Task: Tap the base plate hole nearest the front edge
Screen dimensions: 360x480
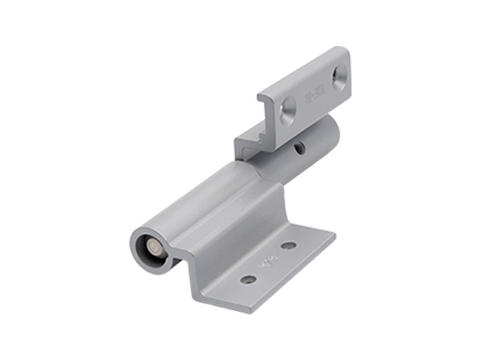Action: (x=248, y=279)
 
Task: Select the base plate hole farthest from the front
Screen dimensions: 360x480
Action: (x=289, y=246)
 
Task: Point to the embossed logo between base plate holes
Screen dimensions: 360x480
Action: (x=266, y=261)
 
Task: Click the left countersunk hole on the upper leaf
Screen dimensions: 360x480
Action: (x=289, y=109)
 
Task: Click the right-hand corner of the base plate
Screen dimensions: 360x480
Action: (x=335, y=233)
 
